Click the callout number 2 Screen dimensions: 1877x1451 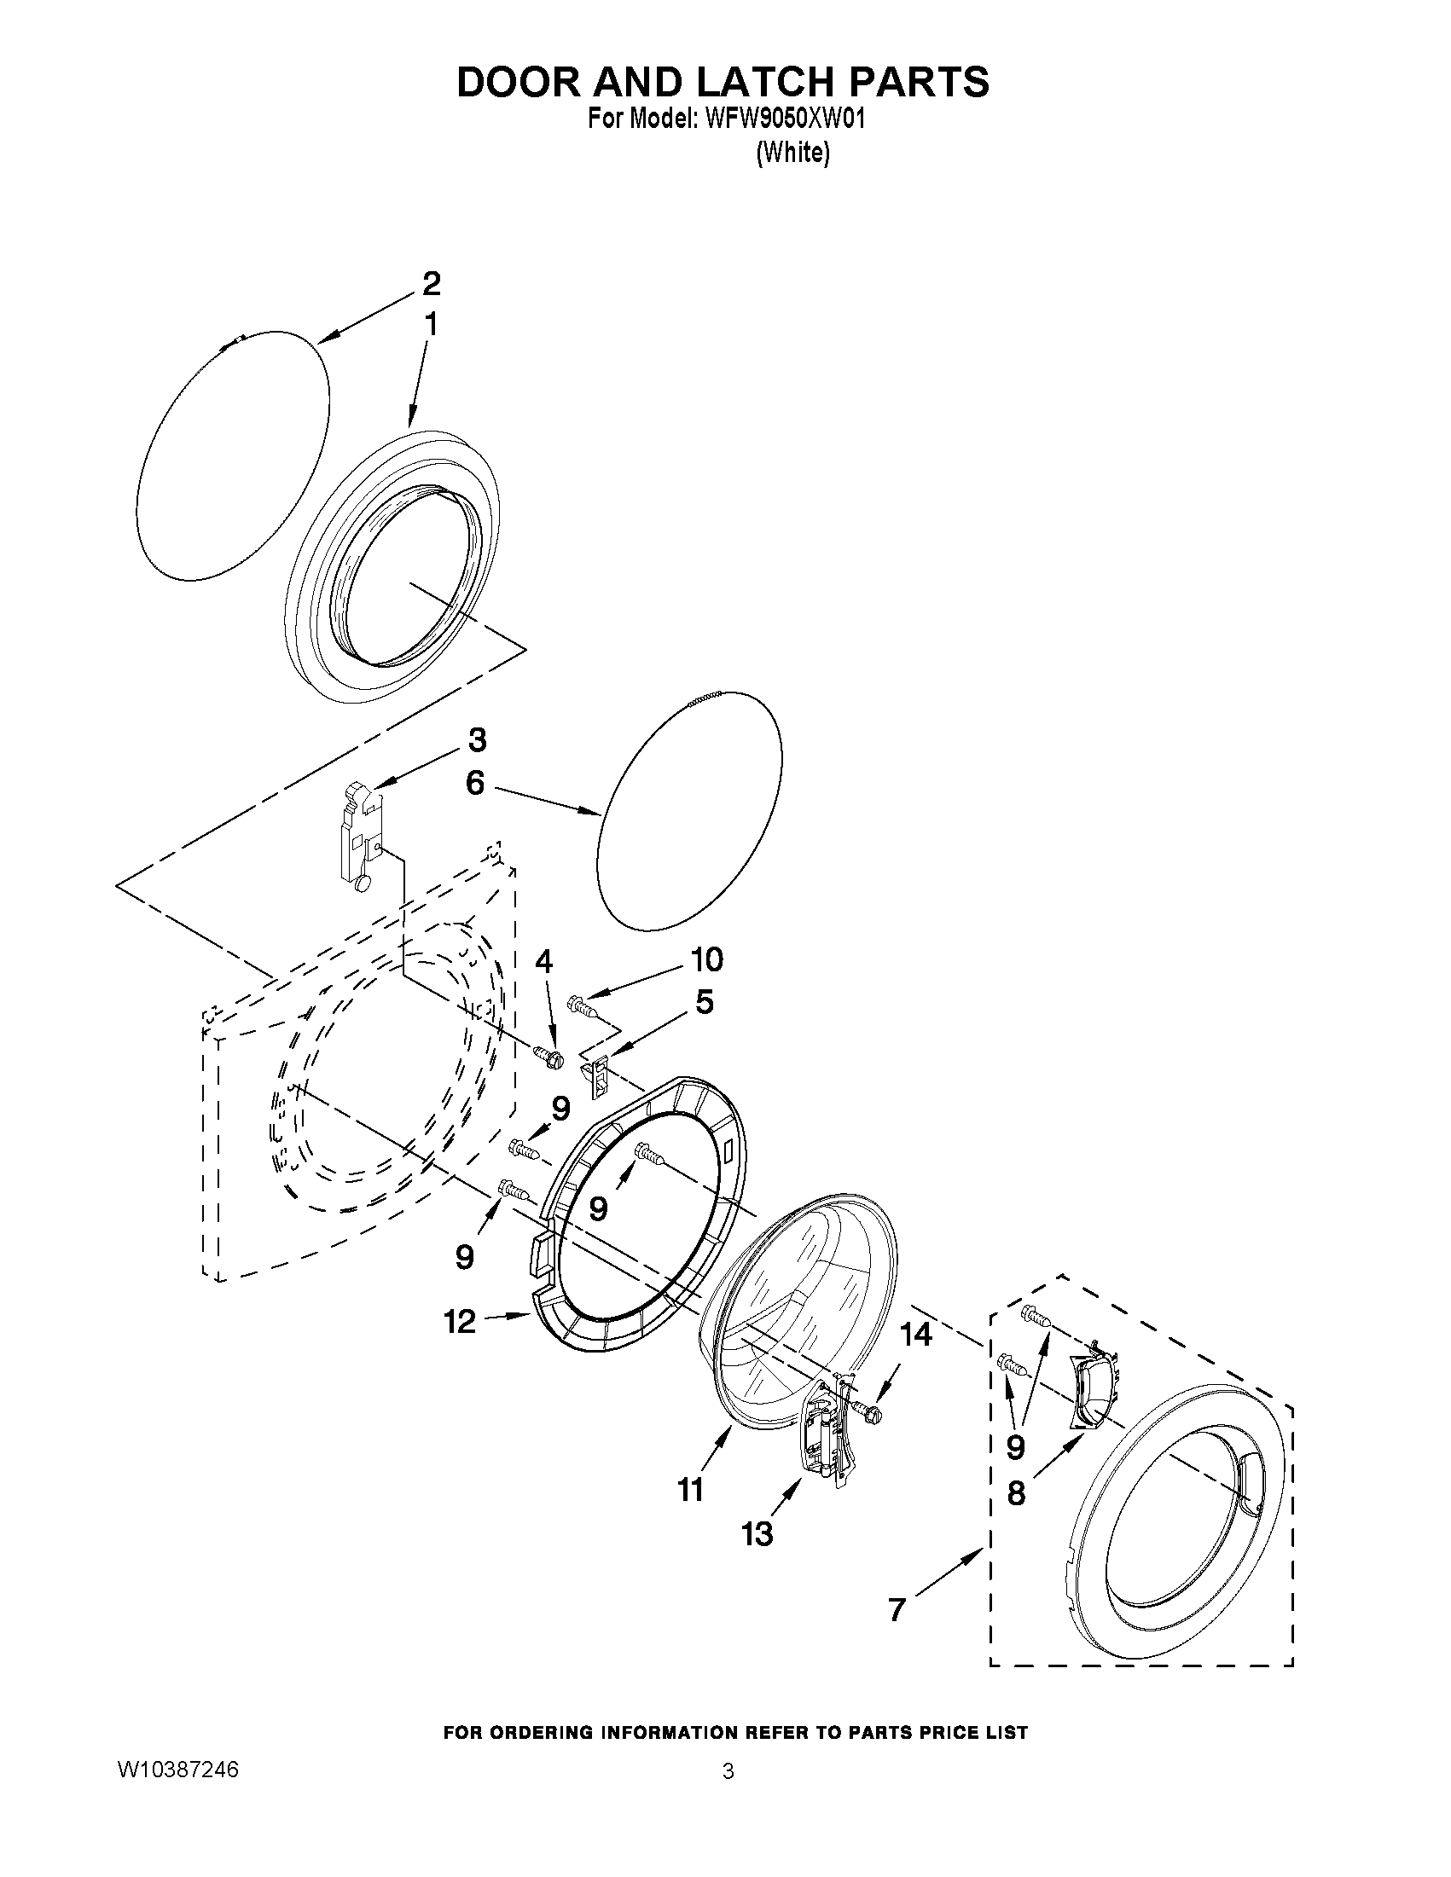[431, 283]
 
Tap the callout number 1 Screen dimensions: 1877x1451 [431, 325]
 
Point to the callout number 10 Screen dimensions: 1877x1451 [705, 959]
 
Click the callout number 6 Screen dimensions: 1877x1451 [475, 783]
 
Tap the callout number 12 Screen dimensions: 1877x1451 [461, 1322]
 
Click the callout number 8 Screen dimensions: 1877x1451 [1015, 1493]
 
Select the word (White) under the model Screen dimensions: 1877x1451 [792, 153]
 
